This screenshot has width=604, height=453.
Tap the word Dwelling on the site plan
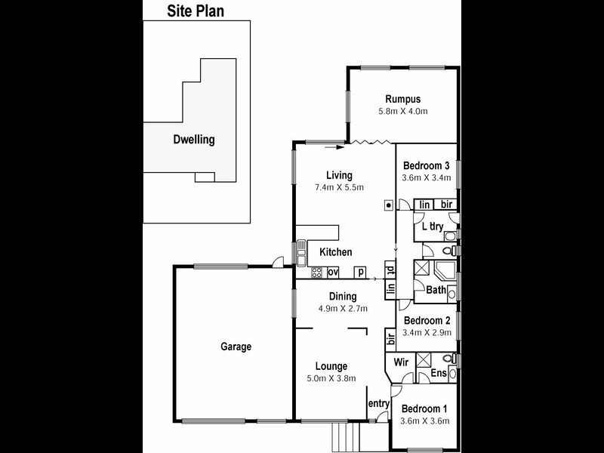(194, 140)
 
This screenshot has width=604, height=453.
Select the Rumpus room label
(402, 99)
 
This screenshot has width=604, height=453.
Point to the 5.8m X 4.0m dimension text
(402, 112)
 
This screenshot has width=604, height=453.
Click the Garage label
(236, 347)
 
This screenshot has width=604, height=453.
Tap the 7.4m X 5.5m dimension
(340, 187)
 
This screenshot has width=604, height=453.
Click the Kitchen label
(334, 252)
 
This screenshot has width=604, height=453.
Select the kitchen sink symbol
(301, 252)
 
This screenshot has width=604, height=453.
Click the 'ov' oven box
(332, 273)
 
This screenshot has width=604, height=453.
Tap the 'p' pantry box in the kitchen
(361, 273)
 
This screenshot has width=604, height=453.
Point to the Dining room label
(342, 296)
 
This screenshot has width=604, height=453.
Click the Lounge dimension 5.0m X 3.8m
(331, 378)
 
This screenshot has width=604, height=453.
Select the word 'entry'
(377, 404)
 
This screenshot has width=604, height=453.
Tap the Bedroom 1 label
(425, 408)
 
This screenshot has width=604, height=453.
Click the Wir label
(402, 362)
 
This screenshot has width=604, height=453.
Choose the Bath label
(436, 289)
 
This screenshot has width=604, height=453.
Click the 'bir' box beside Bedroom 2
(391, 338)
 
